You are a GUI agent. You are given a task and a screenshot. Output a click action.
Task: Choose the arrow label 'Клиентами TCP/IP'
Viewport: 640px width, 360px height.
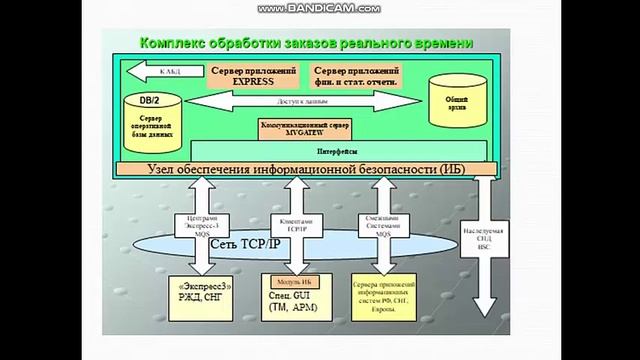[x=296, y=225]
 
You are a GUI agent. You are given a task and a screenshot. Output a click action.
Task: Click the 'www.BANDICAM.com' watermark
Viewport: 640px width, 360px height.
[x=319, y=8]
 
